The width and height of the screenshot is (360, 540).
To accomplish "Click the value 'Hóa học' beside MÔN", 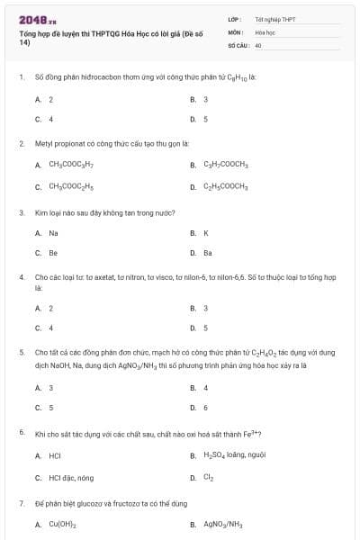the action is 265,31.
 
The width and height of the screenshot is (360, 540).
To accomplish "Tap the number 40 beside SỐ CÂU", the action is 258,44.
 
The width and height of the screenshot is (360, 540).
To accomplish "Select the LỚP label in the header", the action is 234,19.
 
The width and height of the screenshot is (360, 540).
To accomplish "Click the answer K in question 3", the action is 206,232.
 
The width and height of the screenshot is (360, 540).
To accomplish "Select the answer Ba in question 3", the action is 208,253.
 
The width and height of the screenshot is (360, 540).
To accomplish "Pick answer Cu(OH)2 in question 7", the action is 62,523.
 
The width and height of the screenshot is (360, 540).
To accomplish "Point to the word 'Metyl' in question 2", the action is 42,143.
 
